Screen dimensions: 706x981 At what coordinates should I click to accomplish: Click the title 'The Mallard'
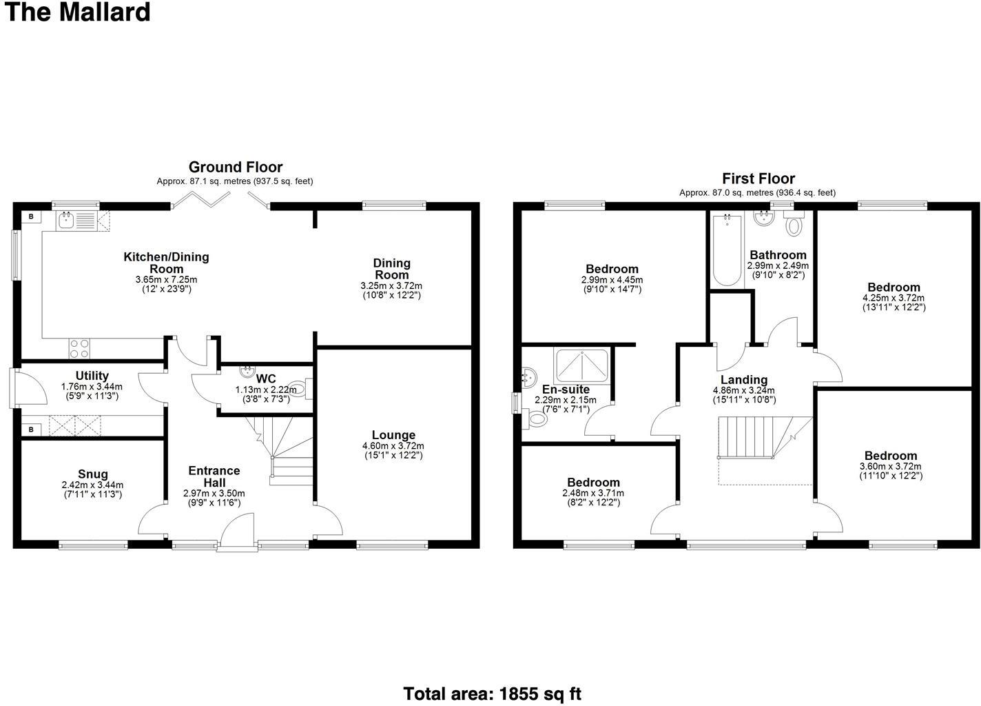click(77, 12)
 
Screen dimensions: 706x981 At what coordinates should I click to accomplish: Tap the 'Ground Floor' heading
click(236, 167)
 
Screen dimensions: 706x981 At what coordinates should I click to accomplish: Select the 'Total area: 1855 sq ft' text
click(492, 694)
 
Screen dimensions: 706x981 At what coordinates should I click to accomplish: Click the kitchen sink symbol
click(67, 221)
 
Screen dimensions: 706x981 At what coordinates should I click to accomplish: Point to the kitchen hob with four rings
click(79, 349)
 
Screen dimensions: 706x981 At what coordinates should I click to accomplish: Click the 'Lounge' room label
click(393, 435)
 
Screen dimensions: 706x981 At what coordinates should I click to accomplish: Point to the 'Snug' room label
click(92, 474)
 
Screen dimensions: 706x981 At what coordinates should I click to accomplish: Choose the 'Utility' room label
click(92, 376)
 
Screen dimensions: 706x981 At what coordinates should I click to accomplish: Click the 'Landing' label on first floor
click(744, 380)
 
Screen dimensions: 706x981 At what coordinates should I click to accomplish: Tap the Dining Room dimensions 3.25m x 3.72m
click(391, 285)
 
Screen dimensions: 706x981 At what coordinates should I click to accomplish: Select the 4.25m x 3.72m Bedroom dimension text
click(894, 298)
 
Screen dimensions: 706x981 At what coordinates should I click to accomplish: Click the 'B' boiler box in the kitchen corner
click(30, 216)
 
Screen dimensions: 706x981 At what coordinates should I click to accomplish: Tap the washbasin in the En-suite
click(530, 376)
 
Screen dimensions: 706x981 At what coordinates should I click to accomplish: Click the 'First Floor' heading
click(758, 179)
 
